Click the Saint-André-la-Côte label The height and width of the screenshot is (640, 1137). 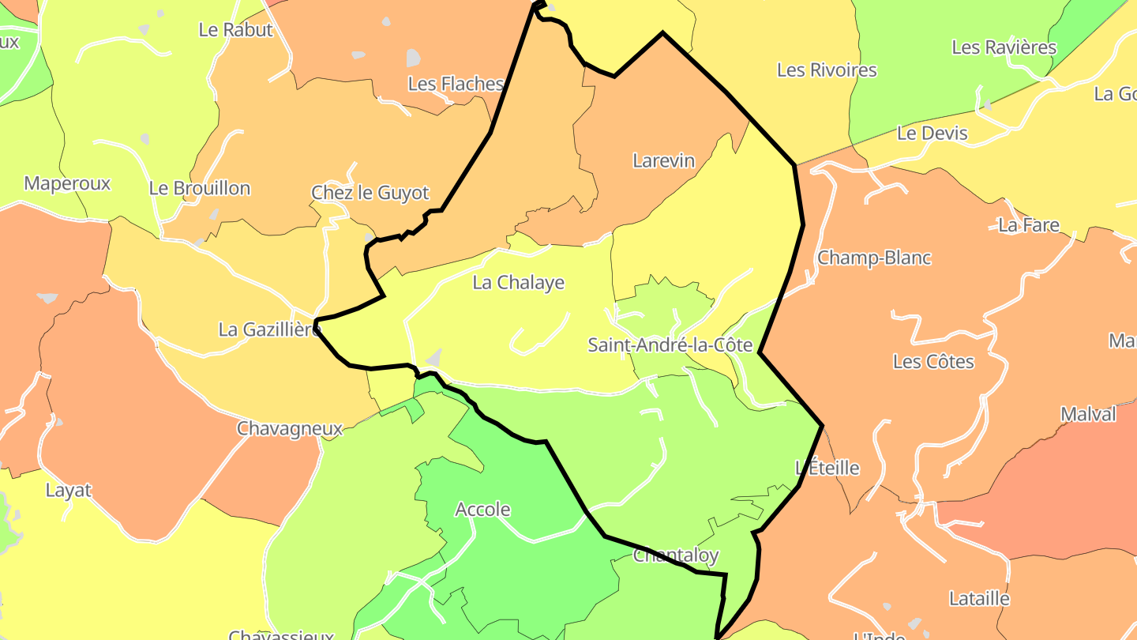point(670,345)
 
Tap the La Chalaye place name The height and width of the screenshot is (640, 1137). point(518,283)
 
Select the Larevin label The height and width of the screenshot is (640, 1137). point(663,161)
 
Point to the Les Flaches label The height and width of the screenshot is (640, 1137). point(456,84)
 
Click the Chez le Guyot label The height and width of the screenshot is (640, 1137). point(370,193)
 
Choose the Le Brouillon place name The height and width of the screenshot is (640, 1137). point(199,189)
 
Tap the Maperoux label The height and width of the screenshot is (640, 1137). point(67,184)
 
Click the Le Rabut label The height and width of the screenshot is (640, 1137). point(235,30)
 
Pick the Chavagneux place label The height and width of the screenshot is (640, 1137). point(290,429)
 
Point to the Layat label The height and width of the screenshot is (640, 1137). point(68,491)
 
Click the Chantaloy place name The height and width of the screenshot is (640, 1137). point(676,556)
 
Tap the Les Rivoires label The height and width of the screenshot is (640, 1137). point(827,70)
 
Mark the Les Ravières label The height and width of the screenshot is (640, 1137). point(1004,47)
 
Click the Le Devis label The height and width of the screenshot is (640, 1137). point(932,134)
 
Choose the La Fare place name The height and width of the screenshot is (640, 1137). point(1028,225)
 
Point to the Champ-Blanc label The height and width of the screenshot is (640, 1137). point(874,258)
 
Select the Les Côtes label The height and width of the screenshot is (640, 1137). point(933,362)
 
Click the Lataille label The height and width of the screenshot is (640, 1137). point(979,599)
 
